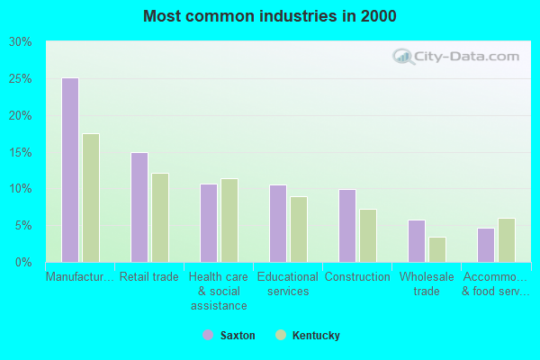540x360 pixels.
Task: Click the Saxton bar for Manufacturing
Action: point(69,170)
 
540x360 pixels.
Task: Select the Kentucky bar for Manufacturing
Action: point(91,198)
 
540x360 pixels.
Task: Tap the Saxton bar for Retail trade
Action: point(139,207)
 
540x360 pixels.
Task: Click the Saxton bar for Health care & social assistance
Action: point(208,223)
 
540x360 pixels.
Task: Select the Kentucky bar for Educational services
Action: point(299,229)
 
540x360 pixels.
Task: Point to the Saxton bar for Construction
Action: point(346,226)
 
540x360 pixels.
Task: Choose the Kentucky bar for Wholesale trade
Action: point(437,249)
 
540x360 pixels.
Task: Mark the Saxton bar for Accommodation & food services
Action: point(485,245)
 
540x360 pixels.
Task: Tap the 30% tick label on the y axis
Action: point(21,42)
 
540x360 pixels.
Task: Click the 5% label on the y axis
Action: point(23,226)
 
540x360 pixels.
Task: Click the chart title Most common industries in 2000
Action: point(270,16)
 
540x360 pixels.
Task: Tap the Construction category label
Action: point(357,277)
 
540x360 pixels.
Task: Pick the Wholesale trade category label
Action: point(427,283)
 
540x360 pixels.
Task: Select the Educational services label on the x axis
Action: point(288,283)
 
